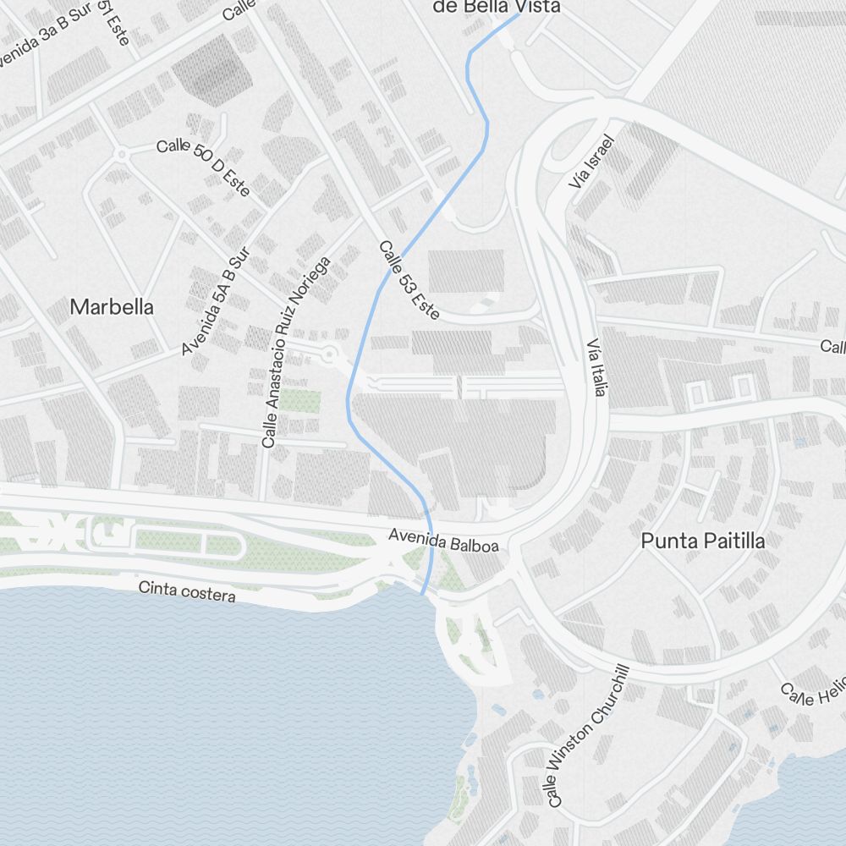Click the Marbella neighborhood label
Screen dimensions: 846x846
[x=112, y=307]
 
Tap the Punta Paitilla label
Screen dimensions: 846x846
[x=703, y=541]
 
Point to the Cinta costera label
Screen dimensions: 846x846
[x=187, y=591]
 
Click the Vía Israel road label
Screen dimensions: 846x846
[x=591, y=162]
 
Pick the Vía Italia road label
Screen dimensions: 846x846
[x=597, y=370]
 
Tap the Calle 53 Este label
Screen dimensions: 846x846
[x=409, y=280]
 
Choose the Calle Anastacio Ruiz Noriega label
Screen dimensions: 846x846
[x=295, y=353]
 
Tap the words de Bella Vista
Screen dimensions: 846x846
[x=496, y=7]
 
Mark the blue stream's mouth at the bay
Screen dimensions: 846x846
[x=422, y=594]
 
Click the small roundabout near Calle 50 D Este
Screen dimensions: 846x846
[x=122, y=154]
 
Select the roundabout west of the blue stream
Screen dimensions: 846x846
[x=330, y=354]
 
